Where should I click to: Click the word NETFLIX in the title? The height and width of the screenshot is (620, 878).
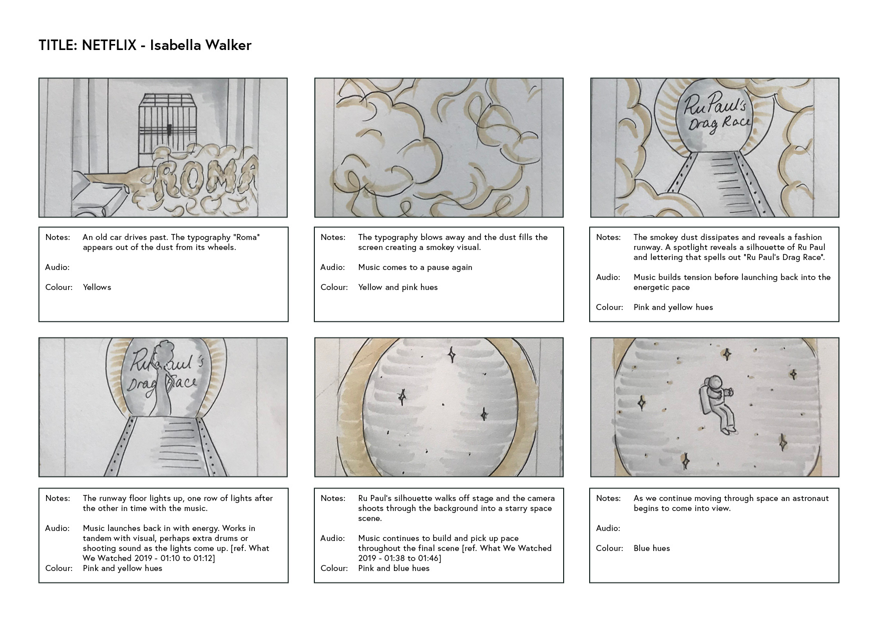pyautogui.click(x=109, y=45)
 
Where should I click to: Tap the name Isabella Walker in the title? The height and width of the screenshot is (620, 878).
pyautogui.click(x=201, y=45)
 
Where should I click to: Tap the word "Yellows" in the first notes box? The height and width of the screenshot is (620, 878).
pyautogui.click(x=97, y=287)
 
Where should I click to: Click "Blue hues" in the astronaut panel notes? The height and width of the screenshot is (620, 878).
pyautogui.click(x=652, y=548)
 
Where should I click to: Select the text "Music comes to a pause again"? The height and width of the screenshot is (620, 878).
pyautogui.click(x=415, y=267)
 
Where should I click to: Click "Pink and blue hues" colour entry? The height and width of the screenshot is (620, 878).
pyautogui.click(x=394, y=568)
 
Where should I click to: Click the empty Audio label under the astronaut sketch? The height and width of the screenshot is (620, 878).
pyautogui.click(x=608, y=528)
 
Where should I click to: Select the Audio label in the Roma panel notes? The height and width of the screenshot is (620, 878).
pyautogui.click(x=57, y=267)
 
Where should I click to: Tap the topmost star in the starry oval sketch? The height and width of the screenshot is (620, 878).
pyautogui.click(x=452, y=354)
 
